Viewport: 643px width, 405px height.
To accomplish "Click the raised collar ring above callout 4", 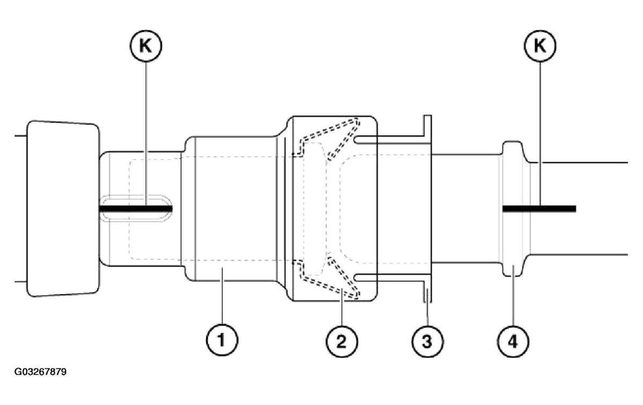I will [x=513, y=209].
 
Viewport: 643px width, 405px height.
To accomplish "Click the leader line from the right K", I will [x=540, y=134].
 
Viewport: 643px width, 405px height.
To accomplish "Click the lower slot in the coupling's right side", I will [x=365, y=277].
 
